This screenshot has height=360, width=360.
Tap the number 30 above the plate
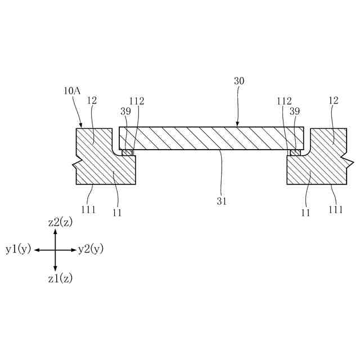239,81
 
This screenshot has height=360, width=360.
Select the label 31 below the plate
222,201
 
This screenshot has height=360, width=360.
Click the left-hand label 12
93,101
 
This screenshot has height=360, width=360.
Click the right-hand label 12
333,101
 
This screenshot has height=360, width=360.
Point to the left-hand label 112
137,101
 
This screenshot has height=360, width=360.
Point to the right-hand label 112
284,101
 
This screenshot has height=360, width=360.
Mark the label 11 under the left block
117,213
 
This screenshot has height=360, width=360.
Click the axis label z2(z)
60,222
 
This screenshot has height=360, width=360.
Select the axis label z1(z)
60,278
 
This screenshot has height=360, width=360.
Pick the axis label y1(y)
19,249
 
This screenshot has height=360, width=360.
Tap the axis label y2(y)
91,249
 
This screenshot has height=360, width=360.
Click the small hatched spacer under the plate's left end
128,152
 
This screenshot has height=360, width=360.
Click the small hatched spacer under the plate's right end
295,152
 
